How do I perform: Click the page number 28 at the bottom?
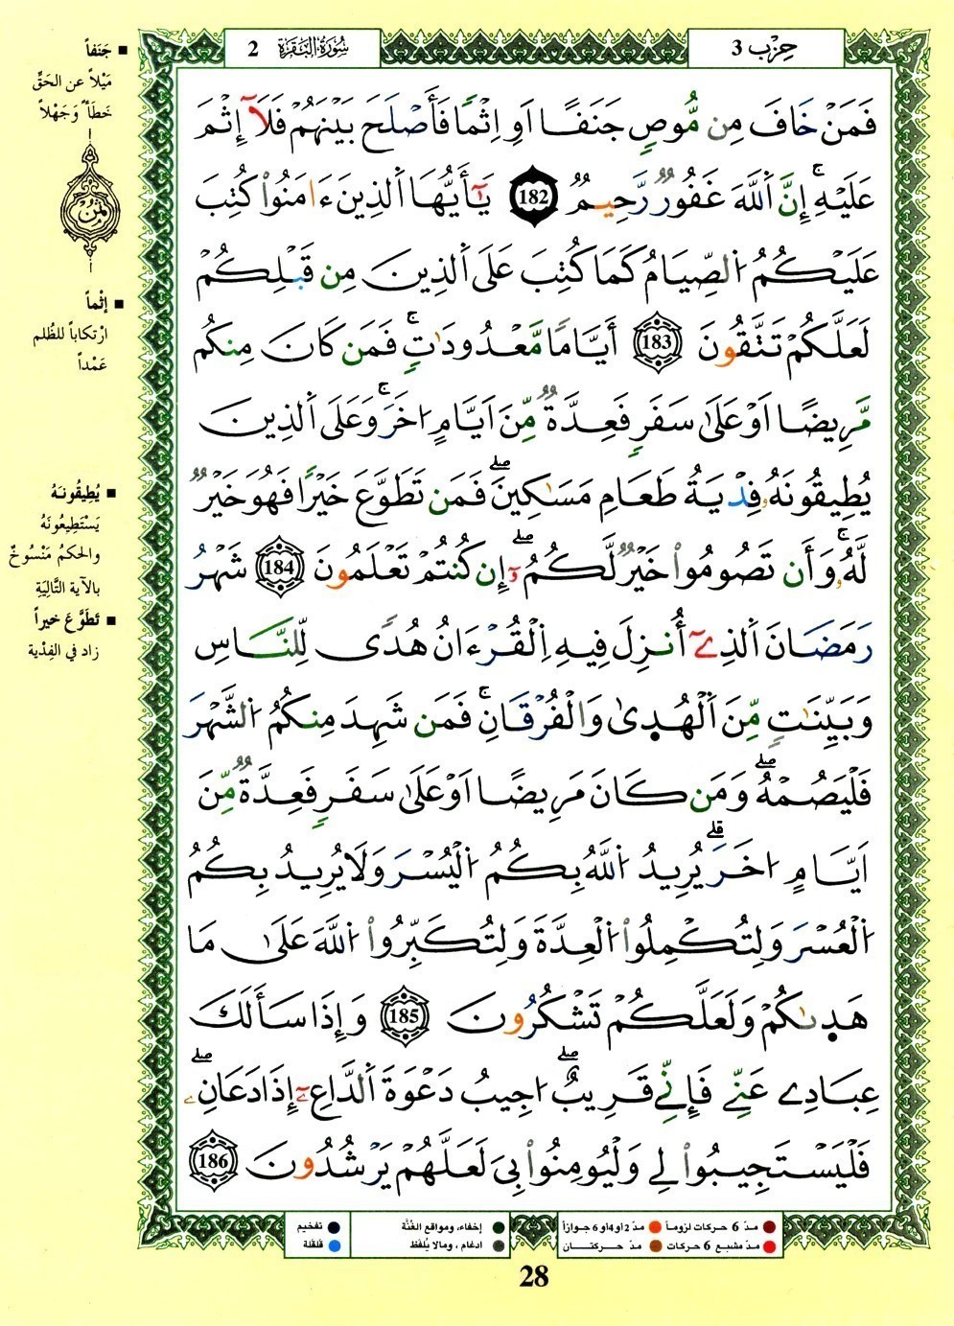pos(534,1275)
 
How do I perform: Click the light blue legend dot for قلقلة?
pos(344,1245)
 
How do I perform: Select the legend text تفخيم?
pos(309,1227)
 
